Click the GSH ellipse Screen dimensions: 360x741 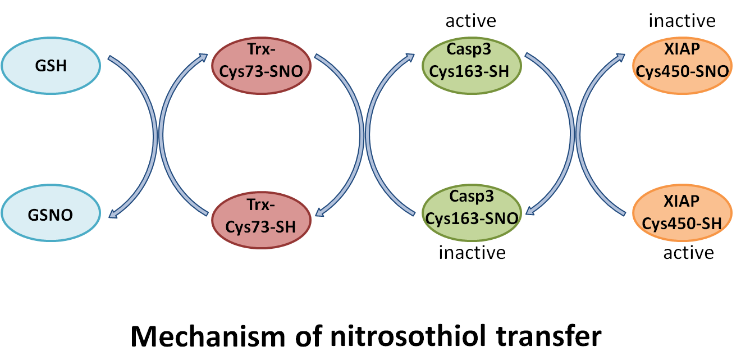(x=51, y=66)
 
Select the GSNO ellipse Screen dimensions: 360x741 (x=51, y=215)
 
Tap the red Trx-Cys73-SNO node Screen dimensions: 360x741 (x=262, y=66)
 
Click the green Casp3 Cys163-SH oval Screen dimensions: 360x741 (x=472, y=66)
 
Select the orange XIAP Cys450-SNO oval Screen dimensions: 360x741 (x=682, y=66)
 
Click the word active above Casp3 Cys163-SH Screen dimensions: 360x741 (x=470, y=21)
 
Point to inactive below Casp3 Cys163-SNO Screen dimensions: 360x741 (x=472, y=253)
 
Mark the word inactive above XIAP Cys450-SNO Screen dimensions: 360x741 (x=682, y=21)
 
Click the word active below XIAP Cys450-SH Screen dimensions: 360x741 (x=688, y=253)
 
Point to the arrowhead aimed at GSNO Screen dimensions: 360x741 (x=112, y=214)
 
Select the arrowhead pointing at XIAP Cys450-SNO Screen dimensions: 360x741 (x=621, y=56)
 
